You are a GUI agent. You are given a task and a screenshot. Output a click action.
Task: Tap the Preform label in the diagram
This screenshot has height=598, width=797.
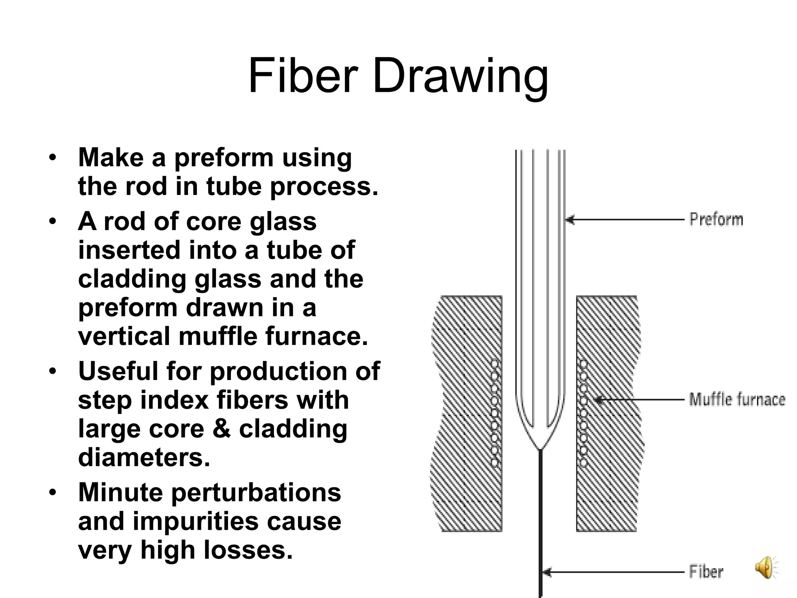716,220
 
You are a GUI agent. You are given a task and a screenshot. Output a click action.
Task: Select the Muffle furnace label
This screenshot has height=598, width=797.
737,400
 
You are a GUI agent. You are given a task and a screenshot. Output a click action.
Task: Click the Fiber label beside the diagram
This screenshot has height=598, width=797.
706,572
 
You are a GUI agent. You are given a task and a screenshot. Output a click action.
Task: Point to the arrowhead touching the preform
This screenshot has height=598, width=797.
570,220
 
